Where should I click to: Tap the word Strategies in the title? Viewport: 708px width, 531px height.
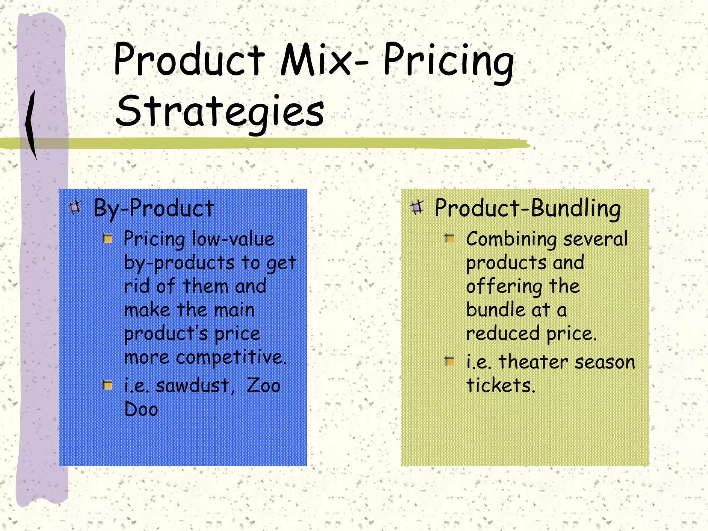pos(220,111)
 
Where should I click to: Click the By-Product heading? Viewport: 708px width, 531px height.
pos(154,208)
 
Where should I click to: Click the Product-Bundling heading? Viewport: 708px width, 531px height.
pos(528,208)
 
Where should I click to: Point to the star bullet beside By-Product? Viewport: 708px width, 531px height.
pos(75,207)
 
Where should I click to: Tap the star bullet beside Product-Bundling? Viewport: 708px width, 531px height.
pos(417,207)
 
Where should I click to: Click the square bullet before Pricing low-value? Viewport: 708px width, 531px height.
pos(108,239)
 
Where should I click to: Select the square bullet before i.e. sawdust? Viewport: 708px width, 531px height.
pos(108,385)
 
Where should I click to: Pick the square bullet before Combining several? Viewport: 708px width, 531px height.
pos(449,239)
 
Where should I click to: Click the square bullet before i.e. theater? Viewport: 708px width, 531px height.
pos(449,362)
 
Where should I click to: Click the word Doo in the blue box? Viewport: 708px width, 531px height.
pos(141,409)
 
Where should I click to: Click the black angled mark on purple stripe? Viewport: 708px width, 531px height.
pos(31,124)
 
